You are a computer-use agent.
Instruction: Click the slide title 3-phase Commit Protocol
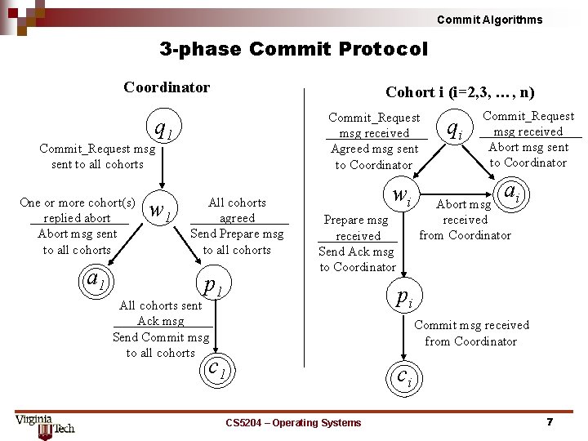pyautogui.click(x=293, y=49)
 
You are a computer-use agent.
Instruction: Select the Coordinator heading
pyautogui.click(x=167, y=87)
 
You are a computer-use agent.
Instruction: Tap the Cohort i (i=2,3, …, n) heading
pyautogui.click(x=460, y=92)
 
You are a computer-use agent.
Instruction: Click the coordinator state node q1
pyautogui.click(x=163, y=129)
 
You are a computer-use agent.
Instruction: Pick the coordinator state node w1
pyautogui.click(x=161, y=211)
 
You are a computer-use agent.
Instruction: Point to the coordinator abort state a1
pyautogui.click(x=96, y=280)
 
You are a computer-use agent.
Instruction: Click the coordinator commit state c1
pyautogui.click(x=216, y=367)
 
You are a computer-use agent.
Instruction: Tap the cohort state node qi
pyautogui.click(x=454, y=127)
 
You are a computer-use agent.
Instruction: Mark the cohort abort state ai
pyautogui.click(x=512, y=194)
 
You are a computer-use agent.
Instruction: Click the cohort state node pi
pyautogui.click(x=404, y=296)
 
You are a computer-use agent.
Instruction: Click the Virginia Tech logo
pyautogui.click(x=44, y=424)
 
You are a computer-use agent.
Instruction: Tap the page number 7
pyautogui.click(x=550, y=422)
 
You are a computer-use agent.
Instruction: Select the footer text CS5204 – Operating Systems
pyautogui.click(x=293, y=422)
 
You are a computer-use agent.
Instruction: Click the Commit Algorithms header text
pyautogui.click(x=489, y=20)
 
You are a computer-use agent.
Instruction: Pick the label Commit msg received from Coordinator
pyautogui.click(x=471, y=333)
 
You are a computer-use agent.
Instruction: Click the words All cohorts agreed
pyautogui.click(x=237, y=211)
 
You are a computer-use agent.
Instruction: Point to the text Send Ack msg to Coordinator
pyautogui.click(x=356, y=260)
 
